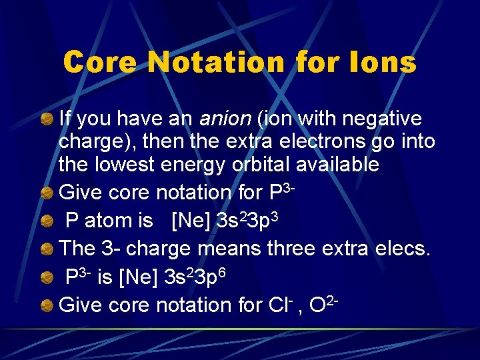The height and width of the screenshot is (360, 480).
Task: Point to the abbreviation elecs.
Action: (406, 249)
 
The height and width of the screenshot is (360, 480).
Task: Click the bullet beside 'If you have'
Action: (47, 120)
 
